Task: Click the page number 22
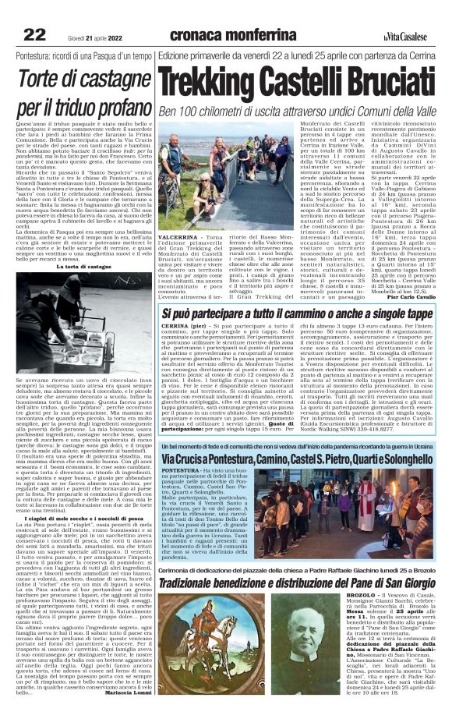pyautogui.click(x=34, y=34)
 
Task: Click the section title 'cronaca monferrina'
pyautogui.click(x=232, y=34)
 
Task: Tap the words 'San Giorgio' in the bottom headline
pyautogui.click(x=403, y=582)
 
